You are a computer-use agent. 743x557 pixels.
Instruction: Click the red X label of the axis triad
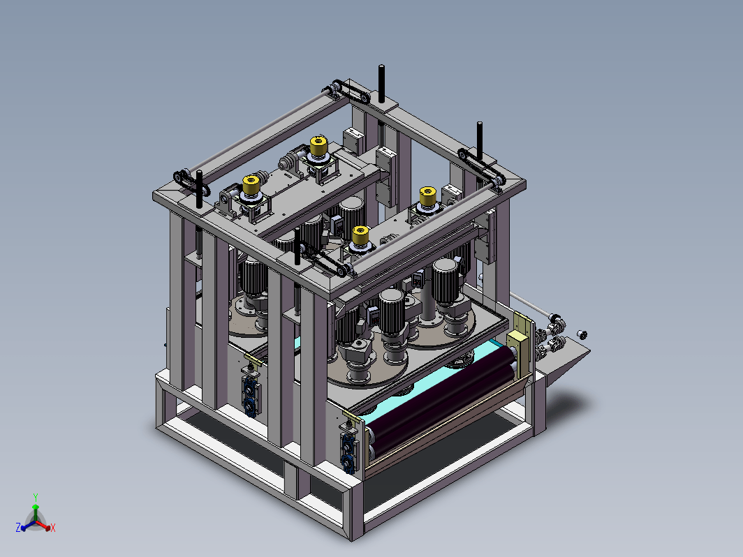[x=53, y=528]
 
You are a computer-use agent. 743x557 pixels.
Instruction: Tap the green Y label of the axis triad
[x=36, y=497]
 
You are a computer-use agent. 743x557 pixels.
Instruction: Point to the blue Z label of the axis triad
[x=18, y=527]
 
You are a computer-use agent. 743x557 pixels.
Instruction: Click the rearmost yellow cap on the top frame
[x=318, y=145]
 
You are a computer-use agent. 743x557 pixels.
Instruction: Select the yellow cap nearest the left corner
[x=251, y=185]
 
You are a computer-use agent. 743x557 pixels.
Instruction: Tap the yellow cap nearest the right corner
[x=427, y=196]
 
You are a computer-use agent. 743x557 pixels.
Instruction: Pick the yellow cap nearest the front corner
[x=360, y=235]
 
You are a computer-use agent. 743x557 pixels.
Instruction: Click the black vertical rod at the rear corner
[x=381, y=84]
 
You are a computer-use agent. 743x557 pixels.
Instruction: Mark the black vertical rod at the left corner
[x=200, y=189]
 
